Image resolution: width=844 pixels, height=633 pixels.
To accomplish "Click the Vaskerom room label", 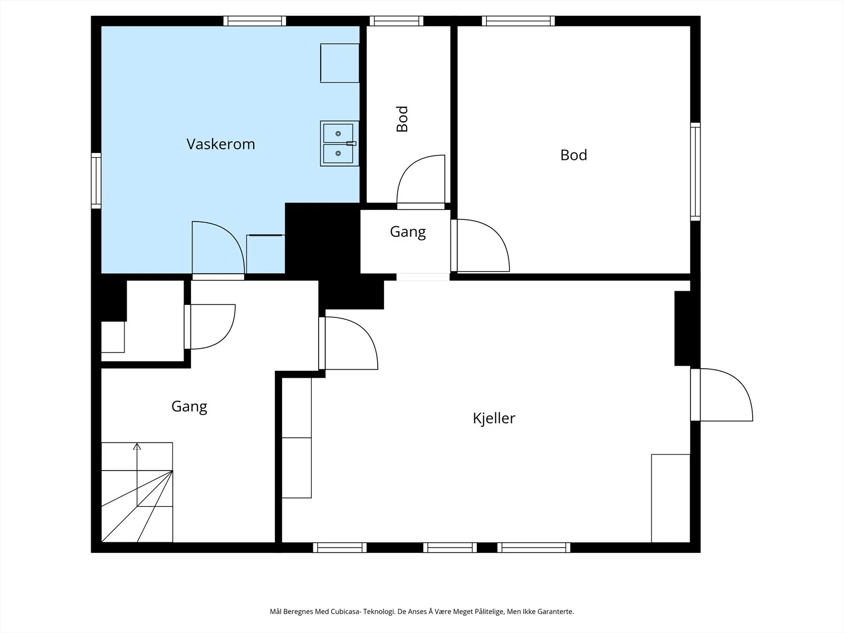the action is click(220, 144).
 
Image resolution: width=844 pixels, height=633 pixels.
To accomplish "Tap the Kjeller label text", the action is click(494, 418).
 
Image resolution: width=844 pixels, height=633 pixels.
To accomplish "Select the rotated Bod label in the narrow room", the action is click(402, 119).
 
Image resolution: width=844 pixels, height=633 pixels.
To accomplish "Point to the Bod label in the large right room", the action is click(573, 155).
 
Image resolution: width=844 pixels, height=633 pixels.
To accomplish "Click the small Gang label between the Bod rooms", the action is click(408, 232).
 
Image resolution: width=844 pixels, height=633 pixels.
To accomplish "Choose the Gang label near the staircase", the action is click(189, 407).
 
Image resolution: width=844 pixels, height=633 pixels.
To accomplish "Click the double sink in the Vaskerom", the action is click(340, 143).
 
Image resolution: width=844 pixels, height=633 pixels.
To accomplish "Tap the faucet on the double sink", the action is click(351, 143).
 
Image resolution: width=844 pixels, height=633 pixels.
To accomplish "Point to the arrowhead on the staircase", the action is click(137, 446).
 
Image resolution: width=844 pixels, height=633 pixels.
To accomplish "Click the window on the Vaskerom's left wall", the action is click(96, 180).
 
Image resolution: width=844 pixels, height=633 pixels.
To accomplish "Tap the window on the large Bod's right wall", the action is click(695, 172).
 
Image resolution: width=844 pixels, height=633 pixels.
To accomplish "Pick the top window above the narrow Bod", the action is click(397, 21).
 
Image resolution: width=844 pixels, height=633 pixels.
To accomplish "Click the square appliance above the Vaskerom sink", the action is click(340, 63).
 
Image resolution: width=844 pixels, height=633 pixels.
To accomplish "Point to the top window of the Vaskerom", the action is click(255, 21).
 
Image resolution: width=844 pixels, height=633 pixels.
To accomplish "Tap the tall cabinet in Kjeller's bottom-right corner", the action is click(670, 498).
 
